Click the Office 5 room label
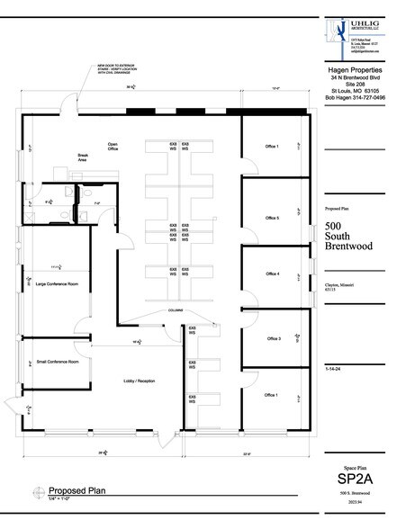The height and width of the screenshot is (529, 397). coord(272,218)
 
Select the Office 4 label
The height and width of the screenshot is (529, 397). coord(272,273)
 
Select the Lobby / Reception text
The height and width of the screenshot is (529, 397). coord(140,381)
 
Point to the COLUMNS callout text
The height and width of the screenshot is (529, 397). coord(175,311)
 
